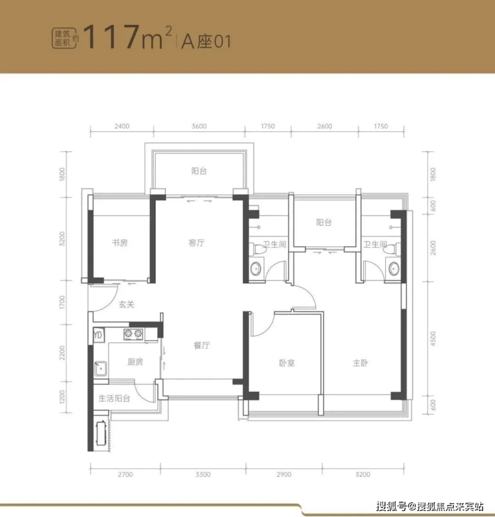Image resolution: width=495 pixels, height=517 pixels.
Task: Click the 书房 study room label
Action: pyautogui.click(x=120, y=242)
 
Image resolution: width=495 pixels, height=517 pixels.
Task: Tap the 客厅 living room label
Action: pyautogui.click(x=197, y=242)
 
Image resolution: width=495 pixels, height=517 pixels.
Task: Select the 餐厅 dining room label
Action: pyautogui.click(x=201, y=345)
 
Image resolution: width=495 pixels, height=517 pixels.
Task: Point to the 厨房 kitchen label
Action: pyautogui.click(x=135, y=362)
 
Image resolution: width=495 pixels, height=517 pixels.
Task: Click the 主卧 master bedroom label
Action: pyautogui.click(x=360, y=363)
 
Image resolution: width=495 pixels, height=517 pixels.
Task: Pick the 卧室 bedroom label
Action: pyautogui.click(x=286, y=363)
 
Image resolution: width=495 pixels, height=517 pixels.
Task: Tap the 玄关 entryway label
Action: pyautogui.click(x=126, y=304)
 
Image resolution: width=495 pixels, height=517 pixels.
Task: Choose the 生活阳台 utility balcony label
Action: pyautogui.click(x=114, y=398)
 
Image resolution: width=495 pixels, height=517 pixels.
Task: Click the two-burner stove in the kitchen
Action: pyautogui.click(x=133, y=334)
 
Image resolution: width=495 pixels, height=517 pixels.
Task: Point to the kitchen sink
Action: pyautogui.click(x=100, y=368)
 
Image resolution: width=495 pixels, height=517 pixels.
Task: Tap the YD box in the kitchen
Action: pyautogui.click(x=98, y=336)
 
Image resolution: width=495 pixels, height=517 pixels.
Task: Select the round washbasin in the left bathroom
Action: pyautogui.click(x=256, y=269)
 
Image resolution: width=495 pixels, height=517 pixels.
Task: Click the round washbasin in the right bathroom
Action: pyautogui.click(x=394, y=269)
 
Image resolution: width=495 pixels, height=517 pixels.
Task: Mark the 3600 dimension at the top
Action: pyautogui.click(x=199, y=127)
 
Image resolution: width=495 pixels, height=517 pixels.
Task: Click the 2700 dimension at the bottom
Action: pyautogui.click(x=125, y=474)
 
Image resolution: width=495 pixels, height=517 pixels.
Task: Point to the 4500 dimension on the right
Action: pyautogui.click(x=433, y=339)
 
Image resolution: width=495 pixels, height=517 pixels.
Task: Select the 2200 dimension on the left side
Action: pyautogui.click(x=62, y=352)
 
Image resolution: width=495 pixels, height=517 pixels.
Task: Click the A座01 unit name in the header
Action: pyautogui.click(x=206, y=42)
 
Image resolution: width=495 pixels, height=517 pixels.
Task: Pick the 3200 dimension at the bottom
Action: pyautogui.click(x=363, y=474)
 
